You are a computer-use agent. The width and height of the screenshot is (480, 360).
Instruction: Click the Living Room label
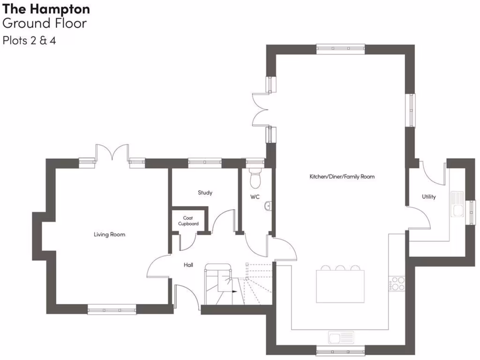click(x=109, y=234)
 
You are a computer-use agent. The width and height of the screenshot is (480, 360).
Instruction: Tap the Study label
click(x=205, y=193)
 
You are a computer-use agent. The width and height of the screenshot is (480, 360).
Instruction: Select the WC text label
click(x=255, y=197)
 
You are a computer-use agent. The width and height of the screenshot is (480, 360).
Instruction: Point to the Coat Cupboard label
click(x=188, y=221)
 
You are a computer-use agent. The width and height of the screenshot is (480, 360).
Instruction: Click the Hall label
click(x=188, y=265)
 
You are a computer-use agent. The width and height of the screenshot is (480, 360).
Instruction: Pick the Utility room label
click(x=428, y=197)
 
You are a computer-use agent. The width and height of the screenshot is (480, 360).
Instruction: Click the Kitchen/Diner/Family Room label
click(x=342, y=177)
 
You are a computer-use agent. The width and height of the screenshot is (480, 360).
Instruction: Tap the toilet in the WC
click(x=255, y=178)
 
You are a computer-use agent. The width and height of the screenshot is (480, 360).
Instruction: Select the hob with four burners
click(x=397, y=284)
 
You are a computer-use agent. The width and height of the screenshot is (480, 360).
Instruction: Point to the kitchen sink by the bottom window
click(x=341, y=337)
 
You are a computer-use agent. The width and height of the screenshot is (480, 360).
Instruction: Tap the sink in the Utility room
click(x=457, y=204)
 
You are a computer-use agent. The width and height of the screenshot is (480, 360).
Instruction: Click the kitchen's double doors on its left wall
click(x=260, y=110)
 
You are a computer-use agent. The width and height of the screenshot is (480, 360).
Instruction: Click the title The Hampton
click(x=46, y=9)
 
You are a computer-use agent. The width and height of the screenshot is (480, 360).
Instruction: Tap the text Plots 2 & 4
click(x=29, y=40)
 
